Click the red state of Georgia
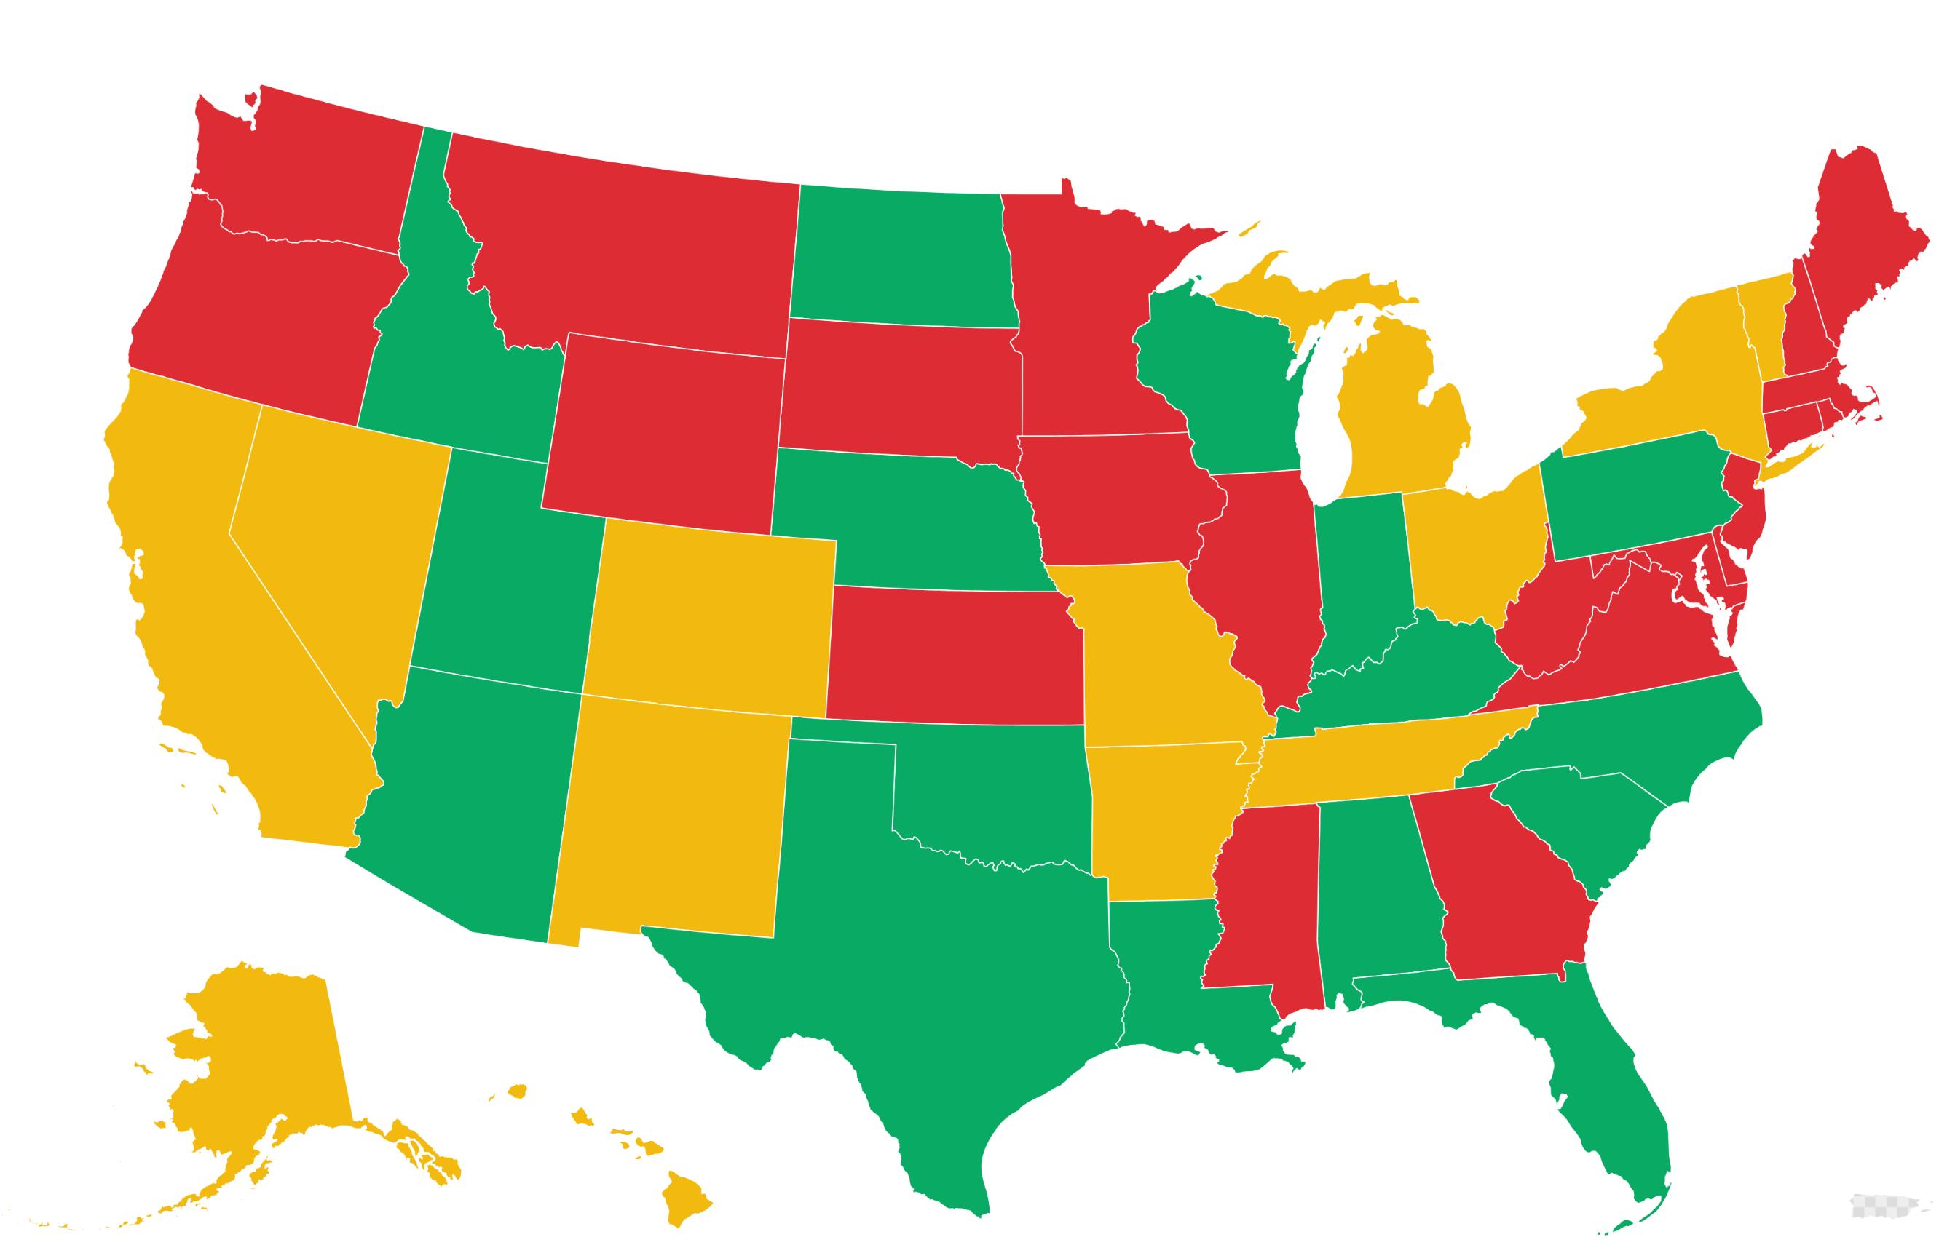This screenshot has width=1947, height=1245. pos(1504,897)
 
